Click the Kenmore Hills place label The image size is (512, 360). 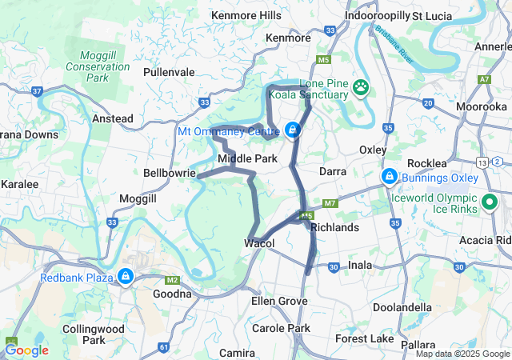pos(246,15)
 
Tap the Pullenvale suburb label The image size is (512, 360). pos(169,72)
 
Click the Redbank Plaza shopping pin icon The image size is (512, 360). pos(125,277)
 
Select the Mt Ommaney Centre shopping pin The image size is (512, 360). pos(293,129)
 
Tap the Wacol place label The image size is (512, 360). pos(259,243)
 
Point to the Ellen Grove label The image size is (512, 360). pos(279,301)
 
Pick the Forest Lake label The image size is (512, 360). pos(365,339)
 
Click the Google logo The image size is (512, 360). pos(26,350)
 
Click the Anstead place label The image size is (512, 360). pos(113,118)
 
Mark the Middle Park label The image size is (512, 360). pos(247,158)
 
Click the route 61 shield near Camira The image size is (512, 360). pos(164,347)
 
